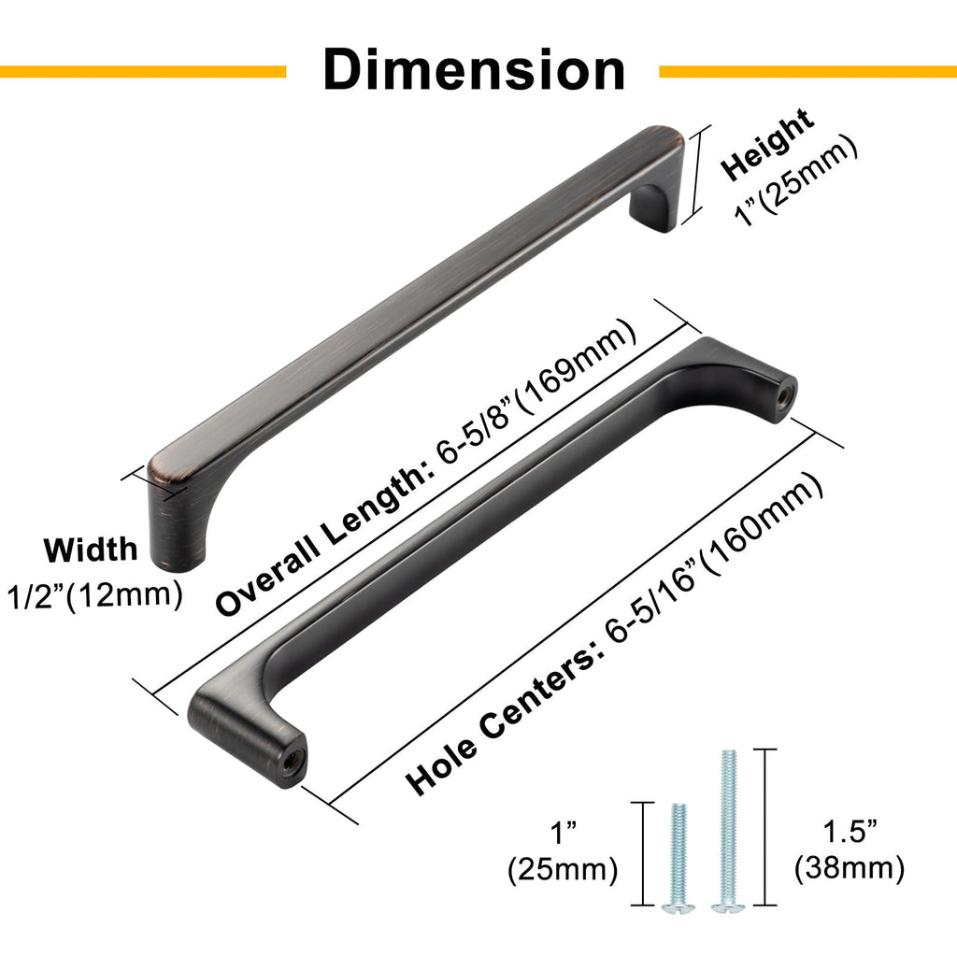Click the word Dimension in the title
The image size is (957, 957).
pos(474,69)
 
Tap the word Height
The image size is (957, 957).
pos(766,144)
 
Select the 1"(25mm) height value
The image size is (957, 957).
pos(796,181)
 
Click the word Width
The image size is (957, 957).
pos(91,550)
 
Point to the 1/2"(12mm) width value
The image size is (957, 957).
pos(94,595)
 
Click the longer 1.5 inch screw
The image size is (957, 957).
pos(728,831)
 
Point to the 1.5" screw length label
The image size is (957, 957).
pos(850,831)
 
